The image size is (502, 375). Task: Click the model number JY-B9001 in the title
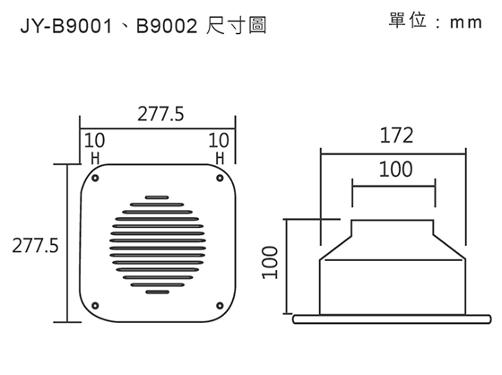60,28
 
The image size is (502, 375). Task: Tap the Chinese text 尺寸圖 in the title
237,28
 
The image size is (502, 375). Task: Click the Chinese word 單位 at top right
407,21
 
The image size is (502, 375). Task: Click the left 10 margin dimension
93,141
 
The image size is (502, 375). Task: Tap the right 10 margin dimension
219,141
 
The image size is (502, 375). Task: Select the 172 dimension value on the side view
395,136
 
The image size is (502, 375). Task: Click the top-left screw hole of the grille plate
93,178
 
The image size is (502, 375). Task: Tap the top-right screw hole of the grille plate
219,178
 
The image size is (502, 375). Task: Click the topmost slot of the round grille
156,199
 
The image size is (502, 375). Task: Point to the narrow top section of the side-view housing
394,228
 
